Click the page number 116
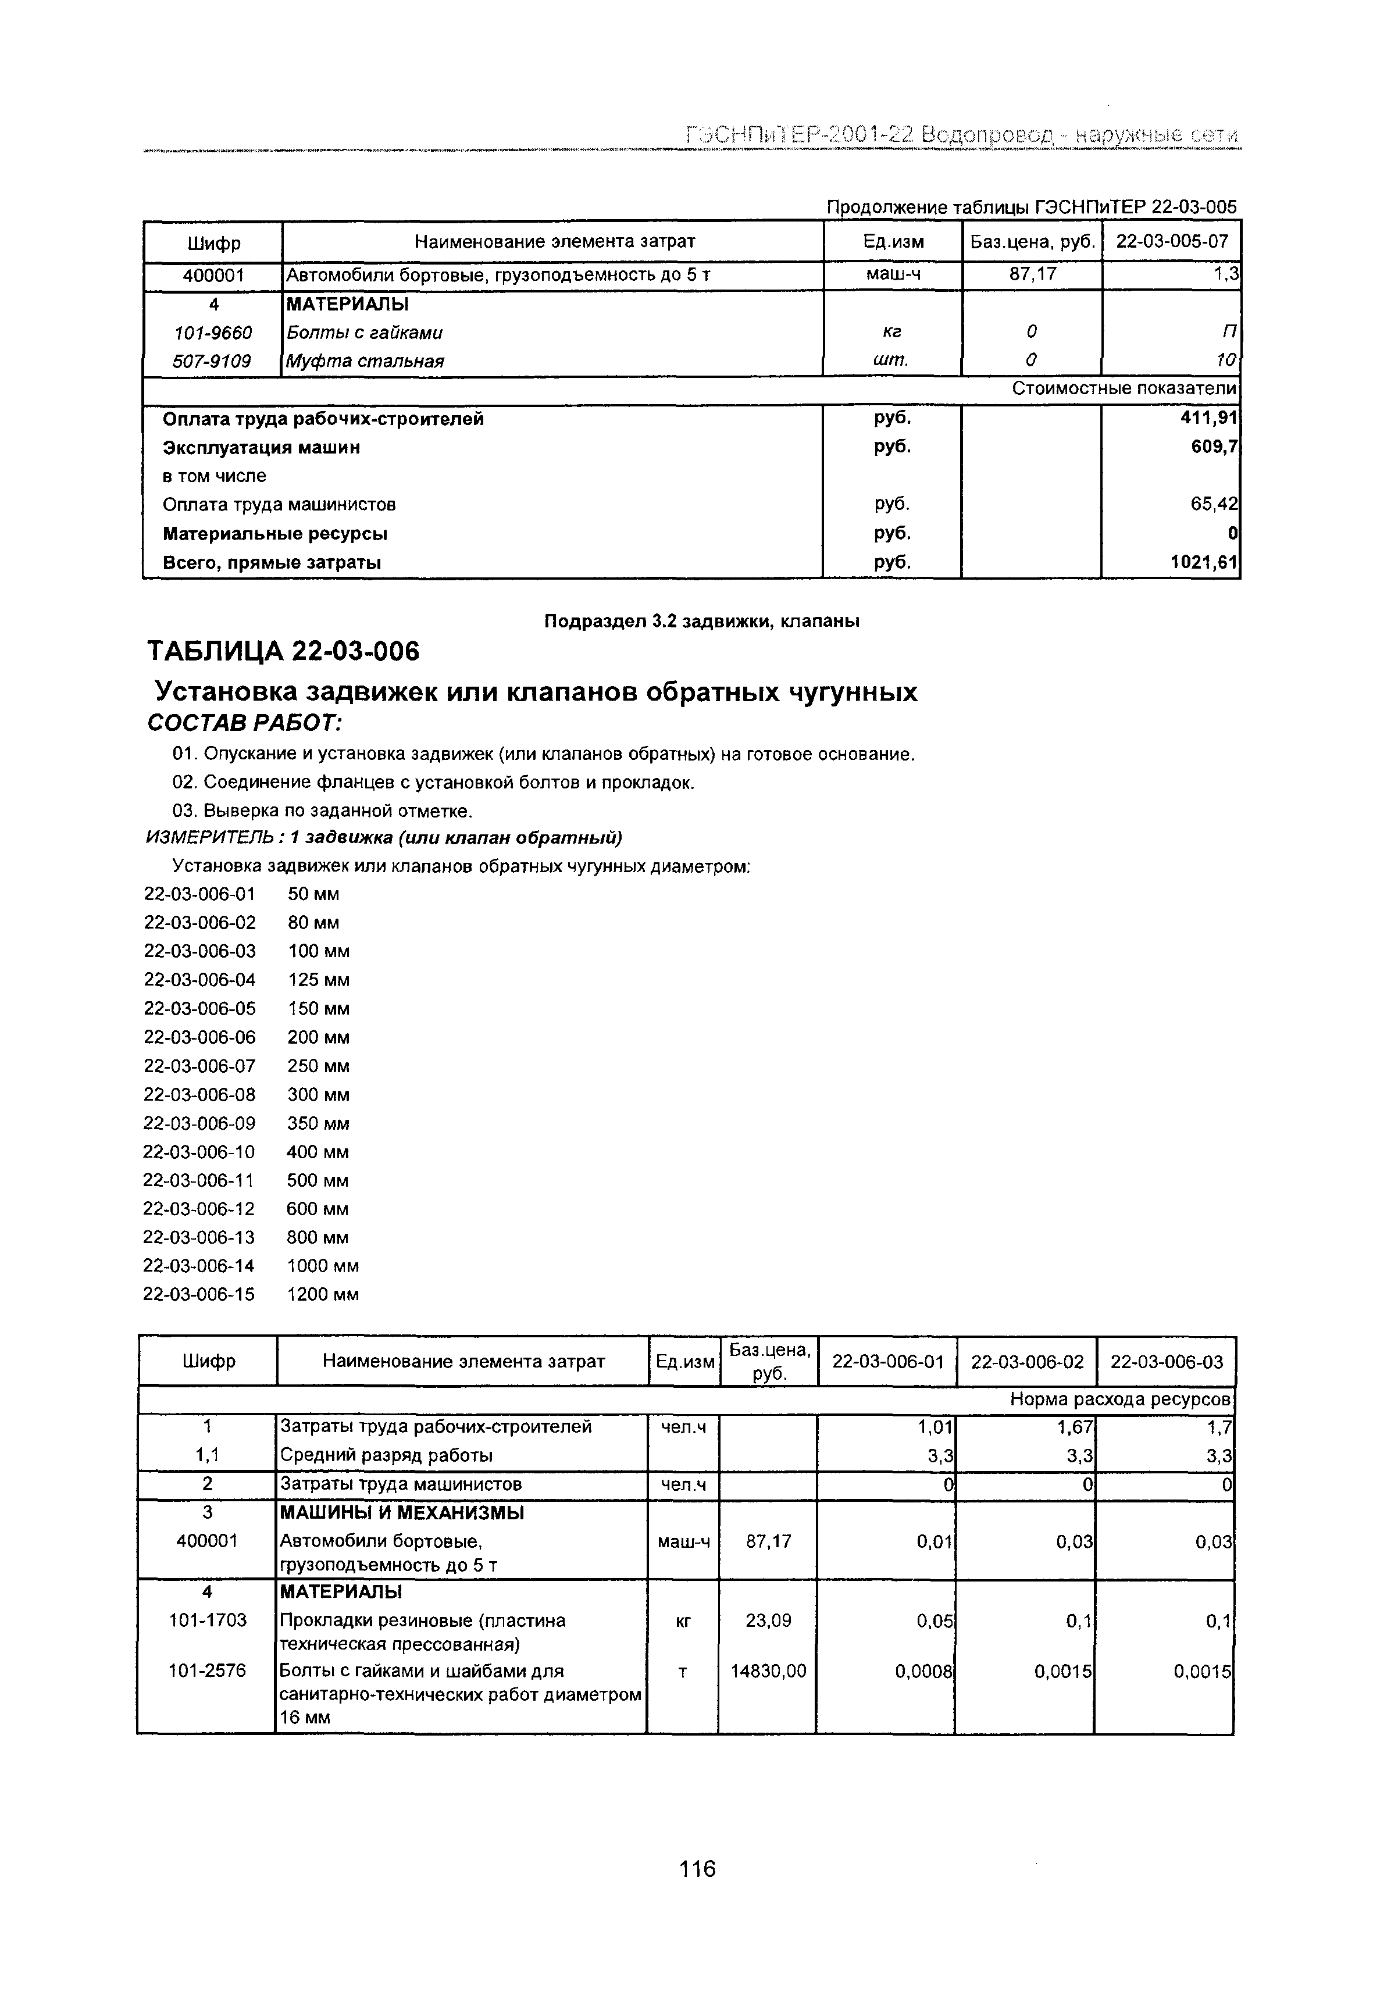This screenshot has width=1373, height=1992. tap(697, 1869)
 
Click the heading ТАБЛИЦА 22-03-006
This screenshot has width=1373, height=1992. tap(283, 652)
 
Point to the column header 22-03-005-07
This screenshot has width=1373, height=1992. tap(1172, 242)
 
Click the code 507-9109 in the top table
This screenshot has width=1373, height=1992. tap(212, 361)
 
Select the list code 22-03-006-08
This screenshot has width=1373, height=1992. tap(199, 1095)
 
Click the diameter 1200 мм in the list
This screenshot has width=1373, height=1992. tap(323, 1294)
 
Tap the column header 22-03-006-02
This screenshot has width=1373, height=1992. tap(1026, 1362)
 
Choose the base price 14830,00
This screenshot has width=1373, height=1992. tap(768, 1671)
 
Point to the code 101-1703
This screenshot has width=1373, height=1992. tap(208, 1620)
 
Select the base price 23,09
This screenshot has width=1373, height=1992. tap(768, 1620)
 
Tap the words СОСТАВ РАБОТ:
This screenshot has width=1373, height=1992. tap(245, 723)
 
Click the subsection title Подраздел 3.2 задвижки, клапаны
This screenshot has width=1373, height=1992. tap(702, 621)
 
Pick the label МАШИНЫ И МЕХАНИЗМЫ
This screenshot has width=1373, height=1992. tap(402, 1512)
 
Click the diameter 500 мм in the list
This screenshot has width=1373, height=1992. tap(318, 1180)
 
